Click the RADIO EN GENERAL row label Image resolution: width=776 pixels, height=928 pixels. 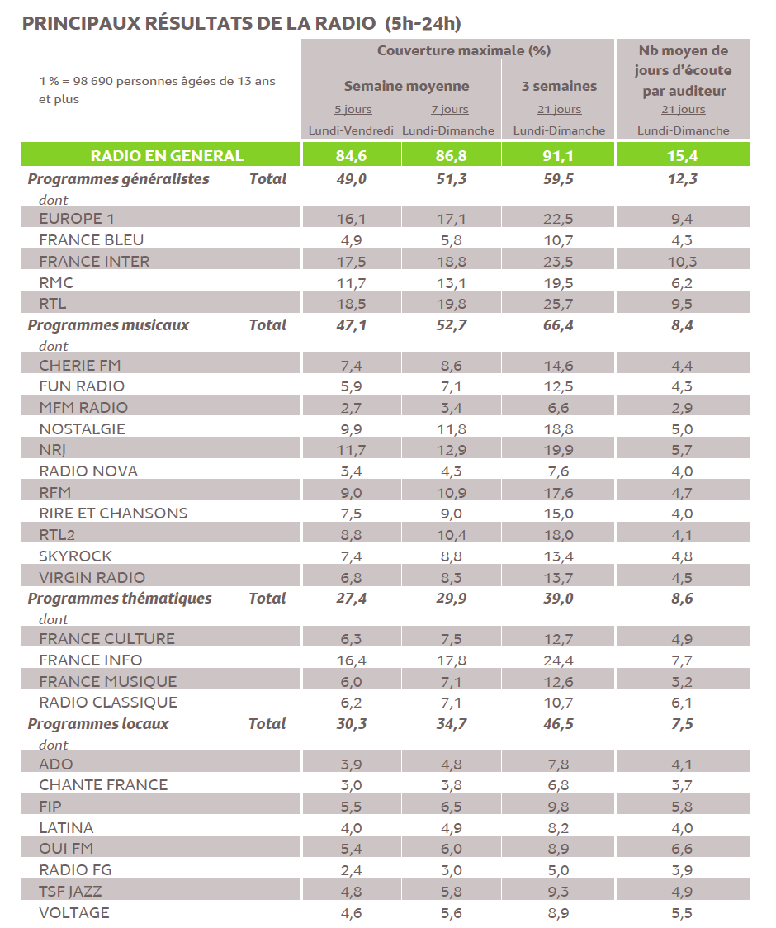[x=167, y=155]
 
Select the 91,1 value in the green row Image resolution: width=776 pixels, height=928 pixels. [x=558, y=155]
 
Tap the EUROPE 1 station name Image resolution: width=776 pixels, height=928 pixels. [x=77, y=218]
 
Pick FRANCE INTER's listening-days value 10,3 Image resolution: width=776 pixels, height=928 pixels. [x=682, y=261]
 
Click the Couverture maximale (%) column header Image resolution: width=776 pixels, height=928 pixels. [x=464, y=50]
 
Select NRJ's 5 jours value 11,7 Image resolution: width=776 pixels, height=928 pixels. [x=351, y=450]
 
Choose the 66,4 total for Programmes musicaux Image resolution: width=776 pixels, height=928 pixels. [x=558, y=324]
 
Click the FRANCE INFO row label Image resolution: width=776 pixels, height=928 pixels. [x=91, y=660]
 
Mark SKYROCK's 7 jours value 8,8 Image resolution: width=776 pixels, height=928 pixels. [x=451, y=556]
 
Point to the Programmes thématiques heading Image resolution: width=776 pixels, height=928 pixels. [x=120, y=598]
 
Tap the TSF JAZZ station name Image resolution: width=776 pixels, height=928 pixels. [x=71, y=891]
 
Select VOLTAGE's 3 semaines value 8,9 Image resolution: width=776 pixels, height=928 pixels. [x=559, y=912]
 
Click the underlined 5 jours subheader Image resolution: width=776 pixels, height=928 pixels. [x=353, y=109]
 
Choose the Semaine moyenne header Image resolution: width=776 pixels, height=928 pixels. [x=406, y=86]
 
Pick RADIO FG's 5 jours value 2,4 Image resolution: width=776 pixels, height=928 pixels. [x=352, y=869]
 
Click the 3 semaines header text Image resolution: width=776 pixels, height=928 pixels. [x=559, y=86]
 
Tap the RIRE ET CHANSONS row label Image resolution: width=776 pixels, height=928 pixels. [x=113, y=513]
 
